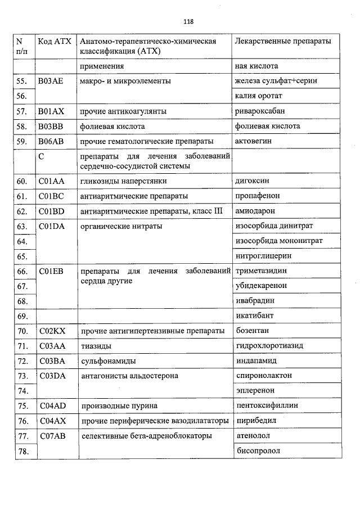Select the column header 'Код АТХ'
[53, 42]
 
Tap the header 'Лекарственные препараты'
[282, 42]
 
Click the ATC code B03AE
[51, 81]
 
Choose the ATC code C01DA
[51, 226]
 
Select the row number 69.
[22, 316]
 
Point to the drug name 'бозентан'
[252, 330]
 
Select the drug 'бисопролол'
[257, 451]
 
